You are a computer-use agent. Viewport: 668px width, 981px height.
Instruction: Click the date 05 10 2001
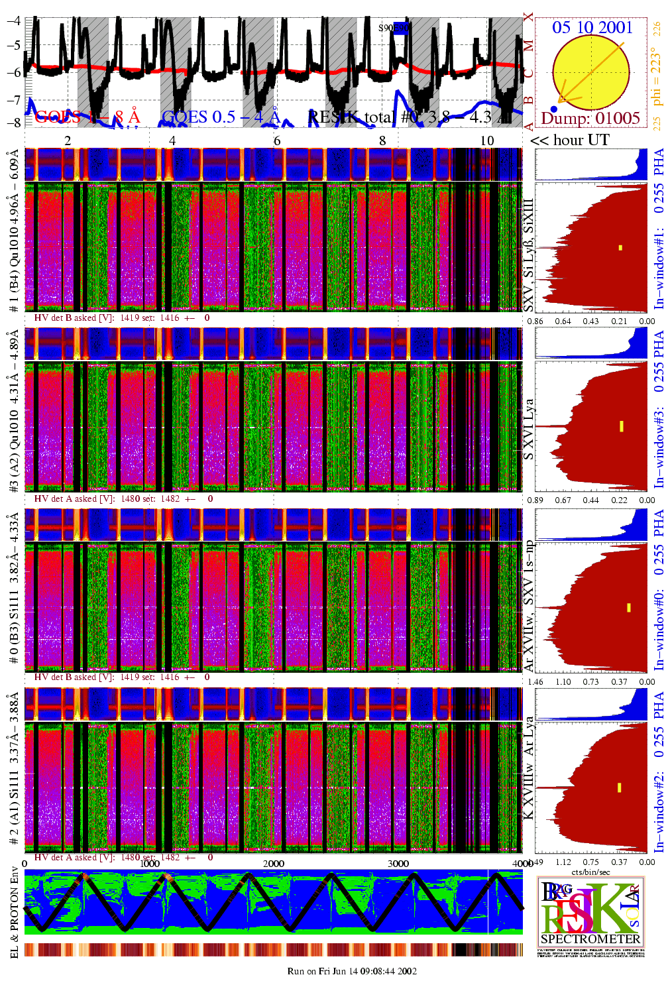click(592, 27)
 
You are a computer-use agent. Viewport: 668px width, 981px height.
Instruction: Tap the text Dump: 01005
click(590, 119)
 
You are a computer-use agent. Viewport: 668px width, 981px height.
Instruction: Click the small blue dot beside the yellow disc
click(554, 109)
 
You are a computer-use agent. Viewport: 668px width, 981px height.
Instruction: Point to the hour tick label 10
click(487, 141)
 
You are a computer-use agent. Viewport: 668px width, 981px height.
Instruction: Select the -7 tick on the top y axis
click(14, 99)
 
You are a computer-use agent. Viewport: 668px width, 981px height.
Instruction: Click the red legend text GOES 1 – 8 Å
click(87, 118)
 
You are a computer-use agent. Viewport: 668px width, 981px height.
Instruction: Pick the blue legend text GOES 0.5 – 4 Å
click(221, 118)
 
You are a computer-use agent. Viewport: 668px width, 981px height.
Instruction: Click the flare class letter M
click(528, 46)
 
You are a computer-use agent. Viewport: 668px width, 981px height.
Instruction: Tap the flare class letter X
click(528, 17)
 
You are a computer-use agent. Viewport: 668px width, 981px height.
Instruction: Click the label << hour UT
click(569, 141)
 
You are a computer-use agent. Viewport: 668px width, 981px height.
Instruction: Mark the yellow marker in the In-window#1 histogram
click(620, 248)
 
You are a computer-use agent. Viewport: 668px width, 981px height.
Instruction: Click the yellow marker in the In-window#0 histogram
click(628, 607)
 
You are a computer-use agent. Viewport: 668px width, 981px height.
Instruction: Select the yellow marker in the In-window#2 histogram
click(619, 787)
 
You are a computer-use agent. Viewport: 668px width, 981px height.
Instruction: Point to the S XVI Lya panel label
click(528, 429)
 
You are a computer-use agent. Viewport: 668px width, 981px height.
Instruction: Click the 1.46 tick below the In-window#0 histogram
click(535, 682)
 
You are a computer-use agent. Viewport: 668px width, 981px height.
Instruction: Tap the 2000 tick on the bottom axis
click(274, 864)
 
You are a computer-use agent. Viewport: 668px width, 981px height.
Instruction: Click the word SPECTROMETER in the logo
click(590, 939)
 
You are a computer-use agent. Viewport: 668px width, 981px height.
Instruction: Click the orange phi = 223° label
click(656, 76)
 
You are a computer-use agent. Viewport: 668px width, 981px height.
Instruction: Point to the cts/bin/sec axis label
click(591, 872)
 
